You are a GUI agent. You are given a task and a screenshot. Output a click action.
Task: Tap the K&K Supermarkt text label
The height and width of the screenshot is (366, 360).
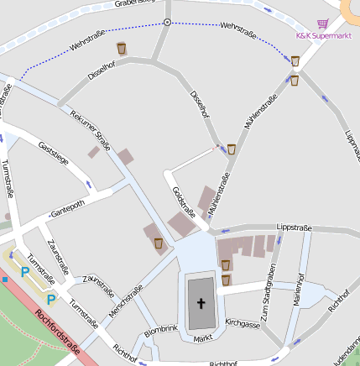click(323, 36)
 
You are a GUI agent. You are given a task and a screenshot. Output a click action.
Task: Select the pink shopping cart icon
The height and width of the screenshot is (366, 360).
click(323, 24)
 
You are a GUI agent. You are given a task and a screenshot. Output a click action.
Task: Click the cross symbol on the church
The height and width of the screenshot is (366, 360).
click(201, 303)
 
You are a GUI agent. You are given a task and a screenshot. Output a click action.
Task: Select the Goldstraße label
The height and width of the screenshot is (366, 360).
click(183, 201)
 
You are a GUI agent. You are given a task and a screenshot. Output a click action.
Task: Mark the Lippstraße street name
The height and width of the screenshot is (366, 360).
click(294, 227)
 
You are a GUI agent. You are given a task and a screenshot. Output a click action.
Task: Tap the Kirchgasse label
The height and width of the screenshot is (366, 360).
click(243, 322)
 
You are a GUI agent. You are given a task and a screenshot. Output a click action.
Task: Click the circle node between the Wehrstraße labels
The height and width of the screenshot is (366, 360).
click(168, 23)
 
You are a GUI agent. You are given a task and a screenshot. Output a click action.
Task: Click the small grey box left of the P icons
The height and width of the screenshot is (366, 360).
click(4, 278)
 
